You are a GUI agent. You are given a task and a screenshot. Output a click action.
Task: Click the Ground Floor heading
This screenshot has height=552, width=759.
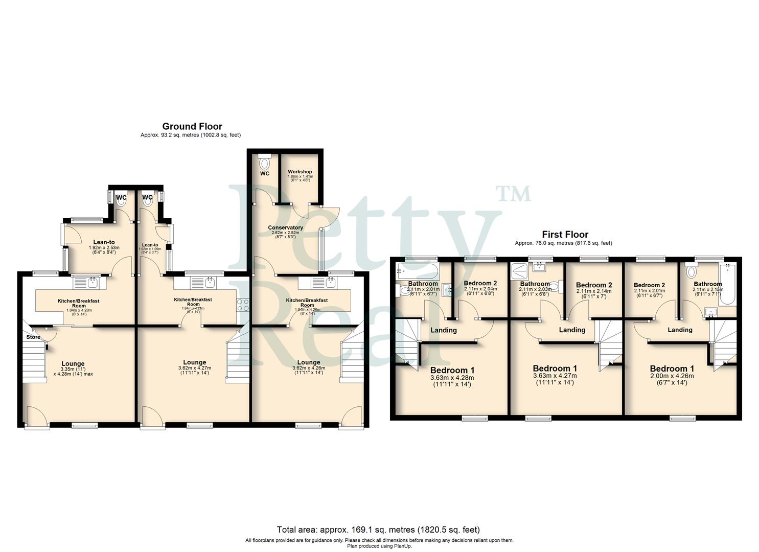coord(192,126)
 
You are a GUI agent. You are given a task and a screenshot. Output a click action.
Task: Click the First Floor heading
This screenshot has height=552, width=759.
coord(565,235)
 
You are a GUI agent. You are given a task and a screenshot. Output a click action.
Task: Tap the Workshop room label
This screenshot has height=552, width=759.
coord(300,172)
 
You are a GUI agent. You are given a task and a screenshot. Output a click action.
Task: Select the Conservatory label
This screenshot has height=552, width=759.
coord(285,227)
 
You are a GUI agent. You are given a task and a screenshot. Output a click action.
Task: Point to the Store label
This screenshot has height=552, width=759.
coord(33,337)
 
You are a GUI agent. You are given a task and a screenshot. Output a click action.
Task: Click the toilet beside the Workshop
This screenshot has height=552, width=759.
coord(264,163)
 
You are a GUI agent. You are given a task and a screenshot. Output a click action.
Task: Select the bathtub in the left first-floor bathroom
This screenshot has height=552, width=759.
coord(417,271)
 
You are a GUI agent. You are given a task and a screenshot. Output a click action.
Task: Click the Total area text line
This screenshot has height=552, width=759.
coord(378,530)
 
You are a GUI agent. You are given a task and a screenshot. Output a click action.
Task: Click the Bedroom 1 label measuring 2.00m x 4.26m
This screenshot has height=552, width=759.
coord(672,369)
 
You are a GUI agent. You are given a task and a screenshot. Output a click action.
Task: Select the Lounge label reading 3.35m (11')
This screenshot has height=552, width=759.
coord(72,364)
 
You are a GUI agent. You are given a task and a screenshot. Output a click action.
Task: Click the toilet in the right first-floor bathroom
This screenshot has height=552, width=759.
coord(692,271)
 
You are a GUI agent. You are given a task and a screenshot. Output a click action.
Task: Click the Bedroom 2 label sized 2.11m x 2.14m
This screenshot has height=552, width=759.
coord(593,285)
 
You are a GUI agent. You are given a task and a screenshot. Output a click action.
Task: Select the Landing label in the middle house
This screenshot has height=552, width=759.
coord(572,330)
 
